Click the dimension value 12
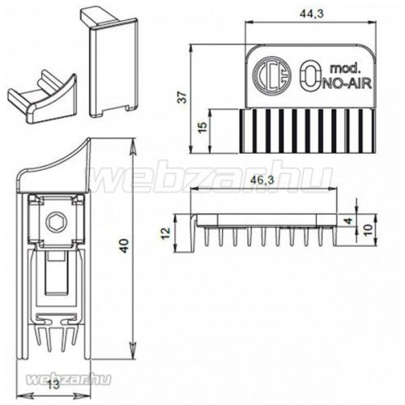click(x=166, y=234)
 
